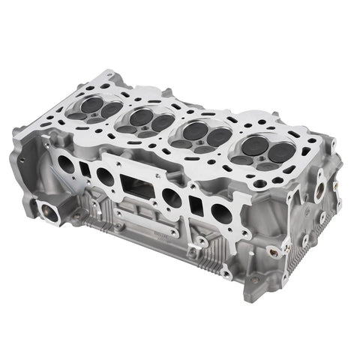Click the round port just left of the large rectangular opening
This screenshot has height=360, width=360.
[105, 177]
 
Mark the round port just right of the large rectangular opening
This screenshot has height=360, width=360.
[172, 197]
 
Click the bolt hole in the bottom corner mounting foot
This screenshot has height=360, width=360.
[256, 280]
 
